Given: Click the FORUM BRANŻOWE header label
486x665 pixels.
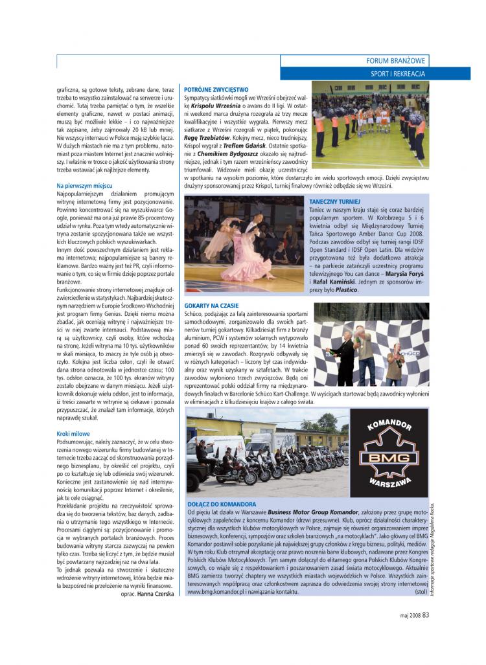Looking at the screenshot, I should click(x=397, y=61).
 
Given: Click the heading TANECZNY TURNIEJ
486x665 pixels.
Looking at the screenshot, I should click(x=330, y=202).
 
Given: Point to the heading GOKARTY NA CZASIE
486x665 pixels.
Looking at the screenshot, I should click(x=212, y=305).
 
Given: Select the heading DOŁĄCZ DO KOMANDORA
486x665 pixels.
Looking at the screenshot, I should click(x=222, y=504).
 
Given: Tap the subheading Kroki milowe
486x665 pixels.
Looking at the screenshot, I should click(x=73, y=434).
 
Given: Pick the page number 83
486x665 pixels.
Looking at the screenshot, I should click(x=426, y=615).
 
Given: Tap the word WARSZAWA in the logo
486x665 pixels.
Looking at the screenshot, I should click(x=389, y=483).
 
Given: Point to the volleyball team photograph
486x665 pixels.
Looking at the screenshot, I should click(x=370, y=124).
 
